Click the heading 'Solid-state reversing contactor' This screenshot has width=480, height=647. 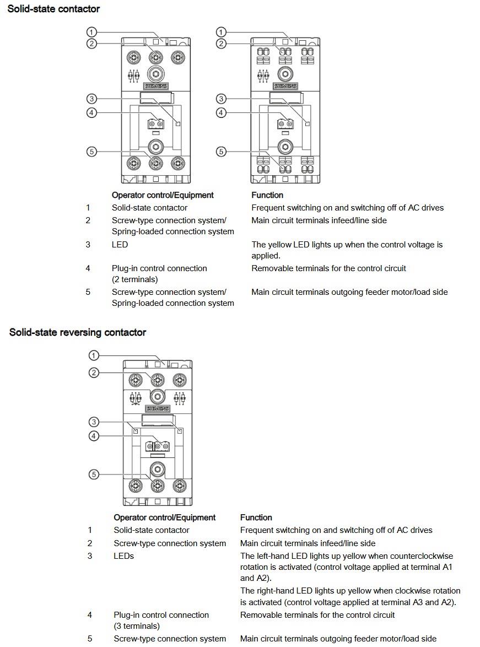point(78,332)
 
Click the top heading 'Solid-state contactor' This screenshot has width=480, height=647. point(53,9)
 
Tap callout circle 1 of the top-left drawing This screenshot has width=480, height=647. point(91,33)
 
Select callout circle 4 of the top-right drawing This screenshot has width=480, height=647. point(221,113)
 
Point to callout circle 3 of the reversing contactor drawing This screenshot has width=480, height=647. point(94,422)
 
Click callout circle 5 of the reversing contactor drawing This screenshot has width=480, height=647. point(94,475)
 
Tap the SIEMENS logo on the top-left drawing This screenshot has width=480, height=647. point(155,87)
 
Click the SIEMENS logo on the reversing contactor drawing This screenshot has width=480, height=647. point(157,409)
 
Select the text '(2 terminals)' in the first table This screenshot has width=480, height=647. point(134,279)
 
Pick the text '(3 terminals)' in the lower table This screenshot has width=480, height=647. point(137,626)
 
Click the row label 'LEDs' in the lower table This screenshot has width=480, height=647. point(123,556)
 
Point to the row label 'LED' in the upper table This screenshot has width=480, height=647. point(120,245)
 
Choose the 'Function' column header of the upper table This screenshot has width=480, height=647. point(267,195)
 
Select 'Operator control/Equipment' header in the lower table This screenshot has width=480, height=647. point(164,517)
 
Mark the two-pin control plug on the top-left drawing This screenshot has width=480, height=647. point(155,124)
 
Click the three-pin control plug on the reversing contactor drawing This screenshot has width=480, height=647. point(157,446)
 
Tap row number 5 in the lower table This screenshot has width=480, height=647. point(90,639)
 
